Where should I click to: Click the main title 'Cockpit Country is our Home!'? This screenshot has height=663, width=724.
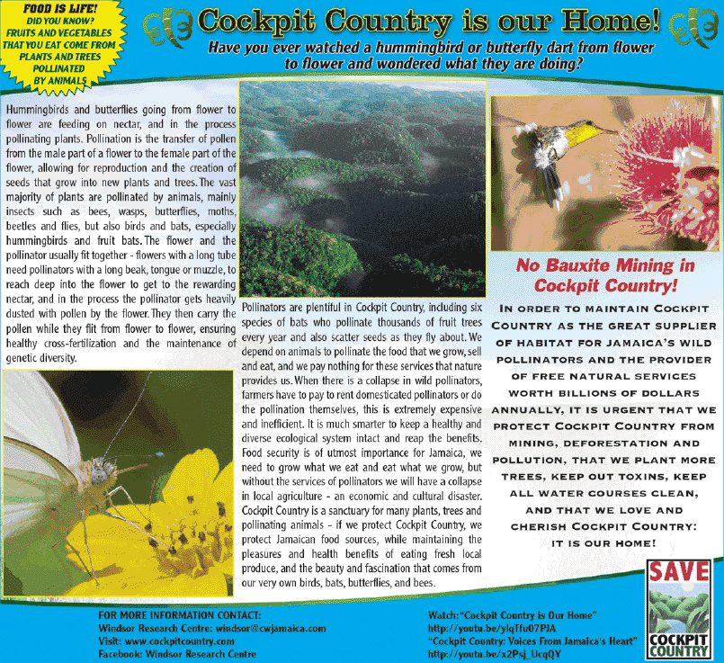click(x=429, y=19)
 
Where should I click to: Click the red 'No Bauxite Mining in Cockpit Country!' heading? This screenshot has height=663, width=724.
click(x=605, y=275)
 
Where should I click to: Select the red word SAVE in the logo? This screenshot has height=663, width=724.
click(x=679, y=571)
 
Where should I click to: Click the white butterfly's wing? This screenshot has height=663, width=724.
click(x=40, y=423)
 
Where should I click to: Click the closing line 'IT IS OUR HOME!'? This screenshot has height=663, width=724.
click(x=603, y=544)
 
